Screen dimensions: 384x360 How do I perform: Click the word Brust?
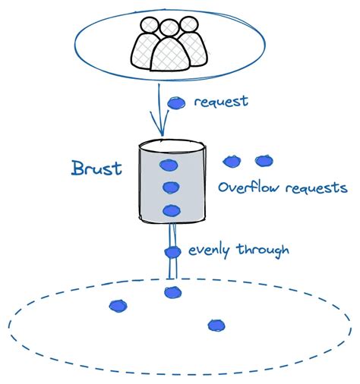point(96,168)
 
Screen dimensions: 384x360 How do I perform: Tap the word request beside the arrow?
point(221,102)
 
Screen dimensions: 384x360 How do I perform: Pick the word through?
point(264,249)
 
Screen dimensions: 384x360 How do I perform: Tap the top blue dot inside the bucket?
point(168,165)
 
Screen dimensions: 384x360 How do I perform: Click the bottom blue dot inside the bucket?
point(171,211)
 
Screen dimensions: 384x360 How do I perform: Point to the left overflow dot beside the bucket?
point(232,161)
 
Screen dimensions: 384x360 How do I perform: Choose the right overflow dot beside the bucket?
point(264,161)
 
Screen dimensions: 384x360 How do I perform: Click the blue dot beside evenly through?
point(172,252)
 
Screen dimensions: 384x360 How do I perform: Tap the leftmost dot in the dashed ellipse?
point(118,305)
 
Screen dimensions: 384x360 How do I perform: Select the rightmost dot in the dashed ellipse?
point(216,326)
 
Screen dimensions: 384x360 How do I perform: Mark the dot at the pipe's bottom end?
point(173,292)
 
